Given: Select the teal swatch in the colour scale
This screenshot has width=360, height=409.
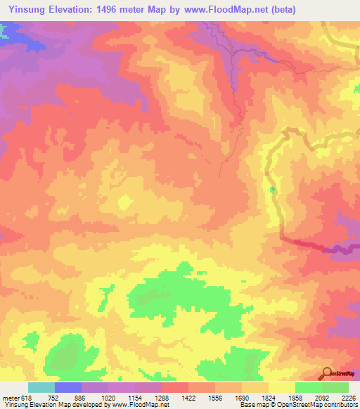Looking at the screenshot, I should coord(41,387).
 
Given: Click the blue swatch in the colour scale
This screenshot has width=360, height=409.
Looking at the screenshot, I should coord(68,387).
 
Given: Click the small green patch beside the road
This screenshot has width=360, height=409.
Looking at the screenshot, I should coord(273,190).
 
